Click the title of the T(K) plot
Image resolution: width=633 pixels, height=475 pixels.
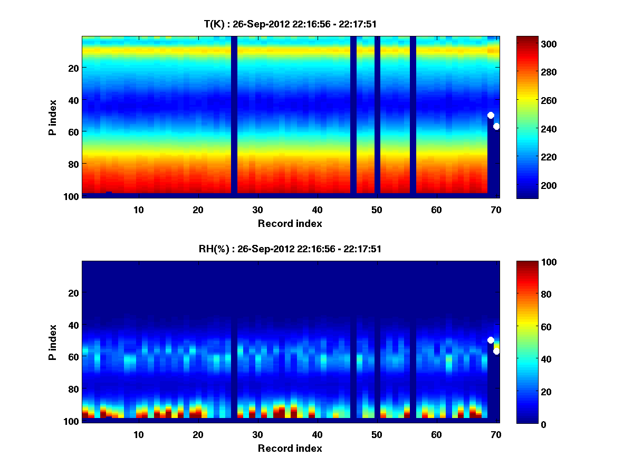[290, 24]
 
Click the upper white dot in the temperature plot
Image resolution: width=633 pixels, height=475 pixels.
[491, 115]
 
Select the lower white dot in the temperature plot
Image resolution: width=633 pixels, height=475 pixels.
[496, 126]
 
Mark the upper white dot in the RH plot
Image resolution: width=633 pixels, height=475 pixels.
[491, 340]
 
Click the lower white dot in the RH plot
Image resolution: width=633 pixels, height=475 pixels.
[496, 351]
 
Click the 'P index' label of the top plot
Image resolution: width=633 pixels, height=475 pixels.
[52, 116]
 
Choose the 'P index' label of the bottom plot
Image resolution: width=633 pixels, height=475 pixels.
[52, 341]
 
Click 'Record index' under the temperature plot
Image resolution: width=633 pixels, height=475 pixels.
[290, 223]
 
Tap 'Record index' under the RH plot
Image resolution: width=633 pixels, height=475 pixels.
[290, 448]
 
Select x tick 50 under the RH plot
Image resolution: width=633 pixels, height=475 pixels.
[377, 435]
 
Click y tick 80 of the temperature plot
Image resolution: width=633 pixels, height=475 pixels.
[73, 164]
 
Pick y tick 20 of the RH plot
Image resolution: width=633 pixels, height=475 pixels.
[73, 293]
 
